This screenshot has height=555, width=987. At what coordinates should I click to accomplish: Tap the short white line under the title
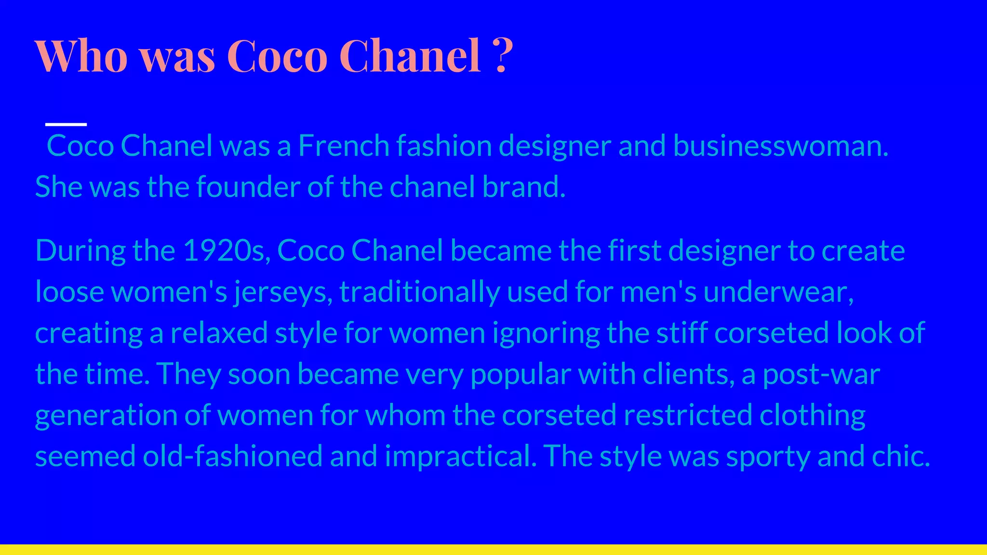66,124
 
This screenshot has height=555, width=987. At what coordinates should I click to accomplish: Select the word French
344,145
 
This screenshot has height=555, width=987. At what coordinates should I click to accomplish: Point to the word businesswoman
780,145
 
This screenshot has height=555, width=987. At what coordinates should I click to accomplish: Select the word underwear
778,292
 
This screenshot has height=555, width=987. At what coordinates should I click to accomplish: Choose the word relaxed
219,333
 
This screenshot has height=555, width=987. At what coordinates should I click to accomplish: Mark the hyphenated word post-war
821,374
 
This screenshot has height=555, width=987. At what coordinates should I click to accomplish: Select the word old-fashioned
233,456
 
